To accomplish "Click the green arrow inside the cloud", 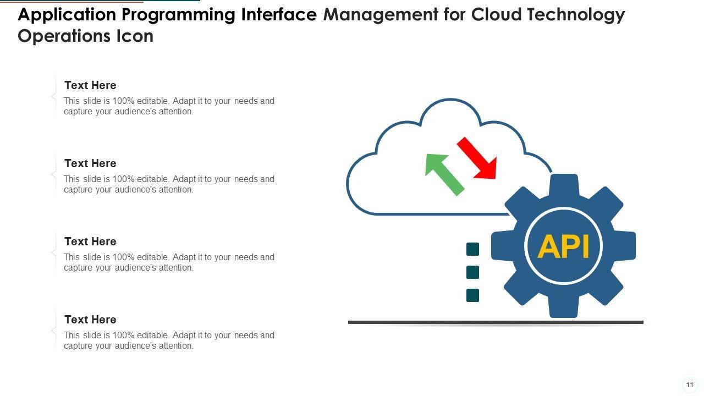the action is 444,174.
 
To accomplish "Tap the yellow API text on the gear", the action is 563,246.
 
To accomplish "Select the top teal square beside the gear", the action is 472,249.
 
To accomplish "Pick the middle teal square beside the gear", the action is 472,272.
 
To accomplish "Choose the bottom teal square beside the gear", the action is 472,295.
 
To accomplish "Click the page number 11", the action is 690,385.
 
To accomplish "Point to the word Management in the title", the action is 381,15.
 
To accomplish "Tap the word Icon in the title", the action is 135,36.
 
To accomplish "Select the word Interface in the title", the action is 279,14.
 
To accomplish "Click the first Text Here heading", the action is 90,85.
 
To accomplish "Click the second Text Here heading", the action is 90,163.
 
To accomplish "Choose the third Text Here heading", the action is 90,241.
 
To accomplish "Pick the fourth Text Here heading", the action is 90,320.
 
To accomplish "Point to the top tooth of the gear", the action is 564,186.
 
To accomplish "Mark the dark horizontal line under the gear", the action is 496,322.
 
